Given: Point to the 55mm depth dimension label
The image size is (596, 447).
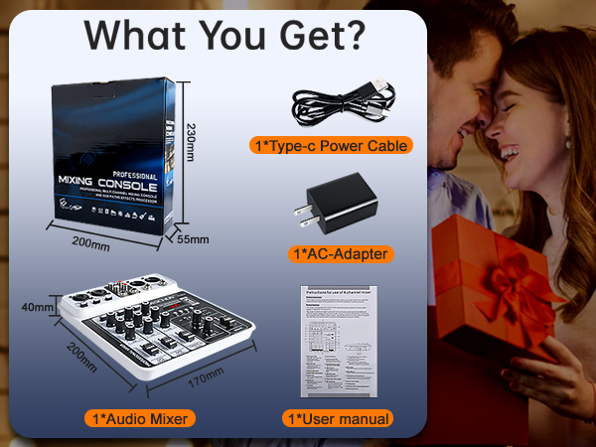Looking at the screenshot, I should (193, 239).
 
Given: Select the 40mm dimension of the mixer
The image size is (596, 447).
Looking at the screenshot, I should (37, 308).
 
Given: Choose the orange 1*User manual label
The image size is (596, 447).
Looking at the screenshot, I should (337, 418).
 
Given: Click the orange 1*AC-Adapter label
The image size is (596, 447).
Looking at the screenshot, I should (341, 253).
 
